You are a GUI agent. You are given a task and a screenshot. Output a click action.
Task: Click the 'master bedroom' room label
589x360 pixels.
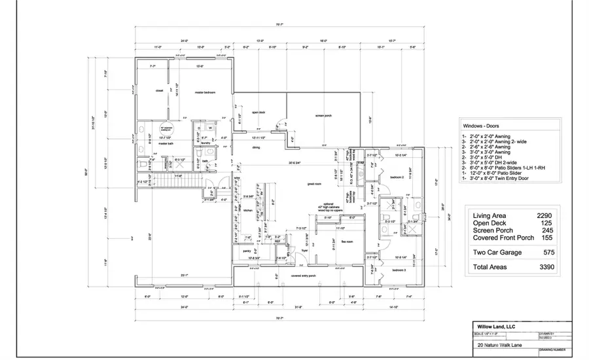(205, 92)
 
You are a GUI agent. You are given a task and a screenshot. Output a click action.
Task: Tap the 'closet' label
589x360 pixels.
(159, 91)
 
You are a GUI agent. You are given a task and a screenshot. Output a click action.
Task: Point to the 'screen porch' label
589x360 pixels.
(323, 116)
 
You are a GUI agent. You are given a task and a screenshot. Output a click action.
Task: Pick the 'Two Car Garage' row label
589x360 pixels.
(497, 251)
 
